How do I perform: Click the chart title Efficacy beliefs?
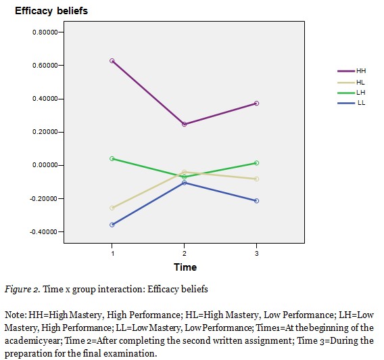click(51, 12)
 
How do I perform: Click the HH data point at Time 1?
click(112, 61)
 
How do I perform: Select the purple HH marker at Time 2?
click(184, 124)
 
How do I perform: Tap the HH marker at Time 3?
click(256, 104)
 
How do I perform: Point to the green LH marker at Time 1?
click(112, 158)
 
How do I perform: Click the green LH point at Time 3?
click(256, 163)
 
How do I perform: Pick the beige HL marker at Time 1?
click(112, 208)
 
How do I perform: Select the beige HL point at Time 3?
click(256, 179)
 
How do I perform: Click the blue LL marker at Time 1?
click(112, 225)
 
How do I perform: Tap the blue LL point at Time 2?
click(184, 183)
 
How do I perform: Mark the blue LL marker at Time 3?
click(256, 201)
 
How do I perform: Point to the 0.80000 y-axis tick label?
click(45, 32)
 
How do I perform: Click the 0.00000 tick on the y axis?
click(45, 166)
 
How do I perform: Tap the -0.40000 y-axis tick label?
click(44, 232)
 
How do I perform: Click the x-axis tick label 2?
click(184, 252)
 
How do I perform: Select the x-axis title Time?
click(185, 267)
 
